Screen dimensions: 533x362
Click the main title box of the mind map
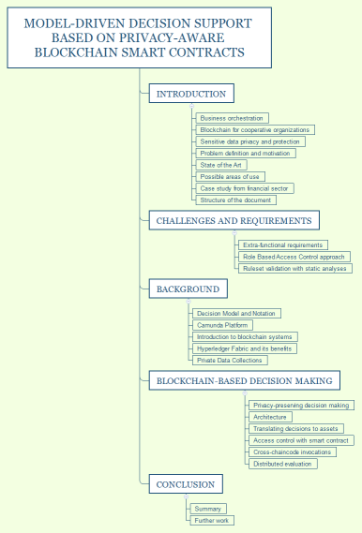click(139, 38)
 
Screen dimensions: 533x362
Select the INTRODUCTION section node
click(190, 94)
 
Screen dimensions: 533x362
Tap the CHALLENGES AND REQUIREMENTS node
click(234, 220)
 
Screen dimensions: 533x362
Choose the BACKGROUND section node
click(188, 289)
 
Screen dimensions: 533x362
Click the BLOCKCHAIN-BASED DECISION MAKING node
click(244, 381)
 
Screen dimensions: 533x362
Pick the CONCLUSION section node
click(186, 484)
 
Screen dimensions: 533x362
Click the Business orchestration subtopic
click(233, 118)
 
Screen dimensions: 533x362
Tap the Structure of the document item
click(237, 200)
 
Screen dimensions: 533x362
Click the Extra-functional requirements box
click(282, 244)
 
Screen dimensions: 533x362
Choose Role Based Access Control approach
click(294, 256)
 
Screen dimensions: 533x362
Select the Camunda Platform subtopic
click(223, 325)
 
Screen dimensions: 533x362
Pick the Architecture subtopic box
click(271, 417)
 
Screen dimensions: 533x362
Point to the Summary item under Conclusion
click(207, 509)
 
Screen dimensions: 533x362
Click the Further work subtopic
click(211, 520)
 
